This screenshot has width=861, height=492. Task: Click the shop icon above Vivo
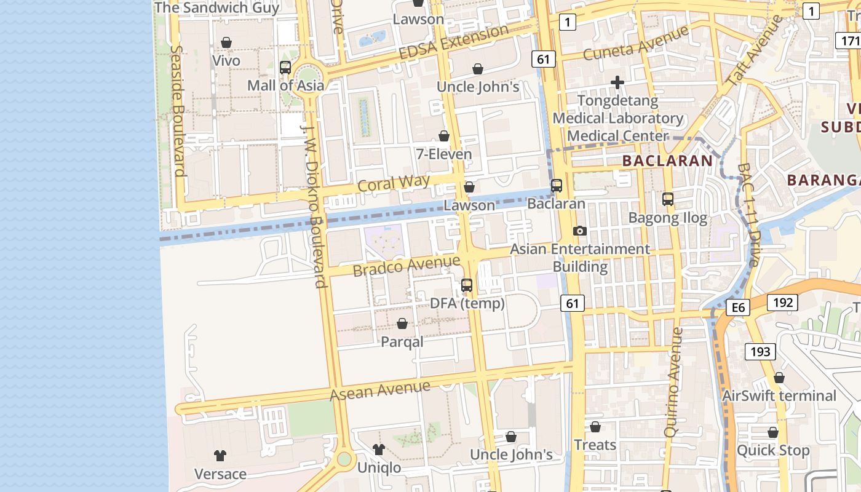point(226,42)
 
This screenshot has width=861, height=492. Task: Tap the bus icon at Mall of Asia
point(285,68)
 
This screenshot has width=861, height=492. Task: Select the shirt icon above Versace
point(220,456)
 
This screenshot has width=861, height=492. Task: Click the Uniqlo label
point(379,468)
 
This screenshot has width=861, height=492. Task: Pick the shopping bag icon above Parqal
point(402,323)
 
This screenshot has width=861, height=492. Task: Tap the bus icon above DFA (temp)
point(467,285)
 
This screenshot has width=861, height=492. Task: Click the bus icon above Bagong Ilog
point(668,199)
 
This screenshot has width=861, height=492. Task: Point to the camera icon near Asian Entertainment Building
point(579,231)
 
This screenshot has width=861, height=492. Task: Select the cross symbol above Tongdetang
point(617,82)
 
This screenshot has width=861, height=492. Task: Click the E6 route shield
point(738,307)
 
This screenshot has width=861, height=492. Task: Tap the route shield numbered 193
point(761,352)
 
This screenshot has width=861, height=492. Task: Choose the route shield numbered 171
point(849,41)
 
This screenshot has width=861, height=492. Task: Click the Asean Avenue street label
point(380,390)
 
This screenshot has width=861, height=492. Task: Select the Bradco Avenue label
point(406,266)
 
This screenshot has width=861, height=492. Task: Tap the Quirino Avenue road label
point(673,381)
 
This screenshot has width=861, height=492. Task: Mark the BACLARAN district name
point(667,161)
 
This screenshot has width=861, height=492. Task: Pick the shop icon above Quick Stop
point(773,432)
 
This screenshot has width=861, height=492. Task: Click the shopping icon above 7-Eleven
point(444,136)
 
